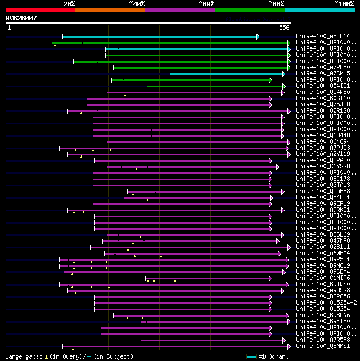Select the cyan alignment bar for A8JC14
[x=160, y=37]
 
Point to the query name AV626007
[x=21, y=18]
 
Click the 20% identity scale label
[x=69, y=4]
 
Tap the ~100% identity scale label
[x=343, y=4]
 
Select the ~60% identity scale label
[x=206, y=4]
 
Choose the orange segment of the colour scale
[x=110, y=10]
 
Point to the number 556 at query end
[x=284, y=27]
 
